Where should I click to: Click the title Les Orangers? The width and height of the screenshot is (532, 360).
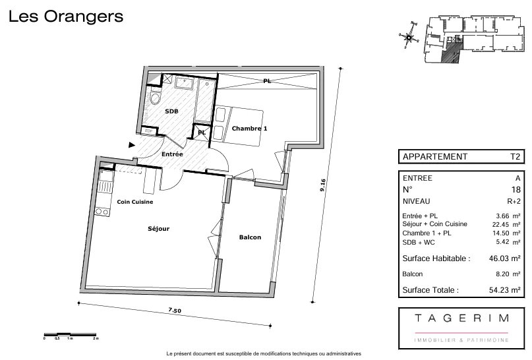tap(66, 17)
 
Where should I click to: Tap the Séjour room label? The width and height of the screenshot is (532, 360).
tap(158, 229)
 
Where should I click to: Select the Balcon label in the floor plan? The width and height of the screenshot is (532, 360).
tap(251, 237)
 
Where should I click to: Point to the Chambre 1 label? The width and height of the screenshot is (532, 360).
tap(250, 129)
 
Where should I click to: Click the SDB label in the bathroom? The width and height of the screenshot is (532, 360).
tap(171, 111)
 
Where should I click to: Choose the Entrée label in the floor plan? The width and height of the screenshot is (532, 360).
tap(172, 154)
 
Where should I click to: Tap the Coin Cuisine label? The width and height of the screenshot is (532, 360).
tap(135, 202)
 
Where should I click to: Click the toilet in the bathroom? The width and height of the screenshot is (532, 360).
tap(156, 99)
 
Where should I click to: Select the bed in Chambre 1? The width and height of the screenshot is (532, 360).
tap(239, 117)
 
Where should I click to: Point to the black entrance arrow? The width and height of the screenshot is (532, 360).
tap(132, 144)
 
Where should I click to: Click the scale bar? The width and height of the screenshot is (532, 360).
tap(70, 334)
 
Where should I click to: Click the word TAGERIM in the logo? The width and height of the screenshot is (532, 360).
tap(461, 318)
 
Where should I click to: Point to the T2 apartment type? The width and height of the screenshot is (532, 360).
tap(516, 157)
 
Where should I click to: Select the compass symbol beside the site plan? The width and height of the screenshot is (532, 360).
tap(409, 37)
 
